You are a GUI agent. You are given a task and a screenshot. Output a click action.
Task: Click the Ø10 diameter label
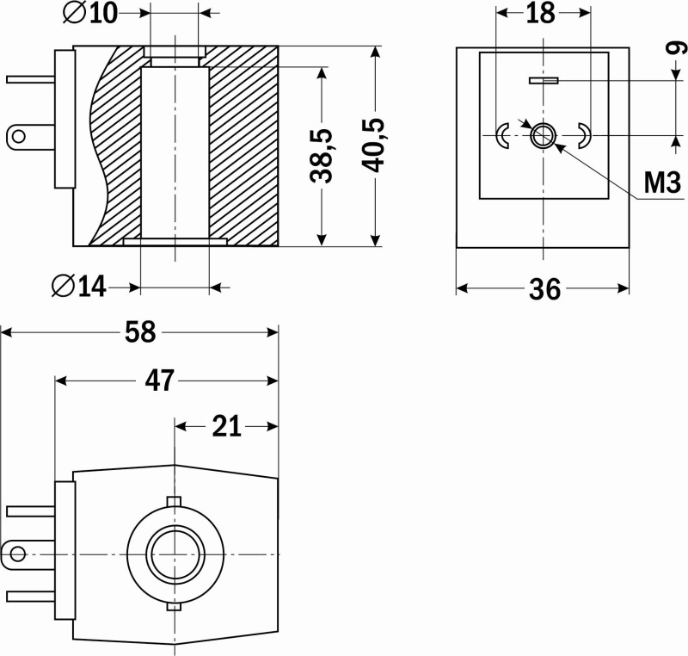[x=91, y=14]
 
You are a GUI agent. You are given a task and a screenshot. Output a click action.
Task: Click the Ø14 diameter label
[x=79, y=287]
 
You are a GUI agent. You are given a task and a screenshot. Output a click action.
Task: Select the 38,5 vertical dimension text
[x=321, y=156]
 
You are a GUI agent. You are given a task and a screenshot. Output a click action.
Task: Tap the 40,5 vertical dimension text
[x=372, y=145]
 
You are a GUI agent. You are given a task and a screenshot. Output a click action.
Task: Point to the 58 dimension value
[x=140, y=332]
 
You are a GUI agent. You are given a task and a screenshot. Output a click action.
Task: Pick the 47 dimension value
[x=160, y=381]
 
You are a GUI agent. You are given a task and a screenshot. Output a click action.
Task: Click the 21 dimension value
[x=226, y=426]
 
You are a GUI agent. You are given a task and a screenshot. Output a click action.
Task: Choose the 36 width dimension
[x=545, y=289]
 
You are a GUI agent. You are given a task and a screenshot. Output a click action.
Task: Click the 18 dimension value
[x=541, y=14]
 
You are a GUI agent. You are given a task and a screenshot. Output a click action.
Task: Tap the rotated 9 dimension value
[x=678, y=47]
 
